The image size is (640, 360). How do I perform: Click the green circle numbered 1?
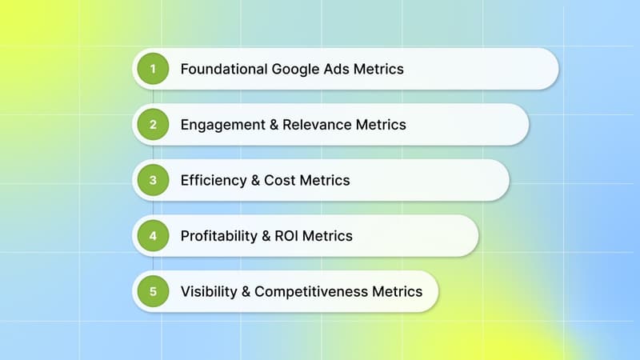click(x=152, y=69)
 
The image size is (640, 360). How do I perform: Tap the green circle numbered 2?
click(x=152, y=124)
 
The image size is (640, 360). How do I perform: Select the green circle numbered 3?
click(x=152, y=180)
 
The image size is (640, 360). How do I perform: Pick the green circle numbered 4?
click(x=152, y=236)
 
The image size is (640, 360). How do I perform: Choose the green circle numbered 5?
click(x=152, y=291)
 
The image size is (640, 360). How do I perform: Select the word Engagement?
click(x=219, y=125)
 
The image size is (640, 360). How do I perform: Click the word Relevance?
click(x=311, y=125)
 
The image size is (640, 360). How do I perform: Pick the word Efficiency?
click(x=210, y=181)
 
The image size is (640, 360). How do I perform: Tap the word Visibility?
click(x=206, y=292)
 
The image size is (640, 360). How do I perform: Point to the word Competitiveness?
click(x=311, y=292)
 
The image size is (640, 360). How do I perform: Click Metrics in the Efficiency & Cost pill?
click(x=324, y=181)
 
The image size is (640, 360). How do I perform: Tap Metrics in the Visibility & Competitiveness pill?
click(x=397, y=292)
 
